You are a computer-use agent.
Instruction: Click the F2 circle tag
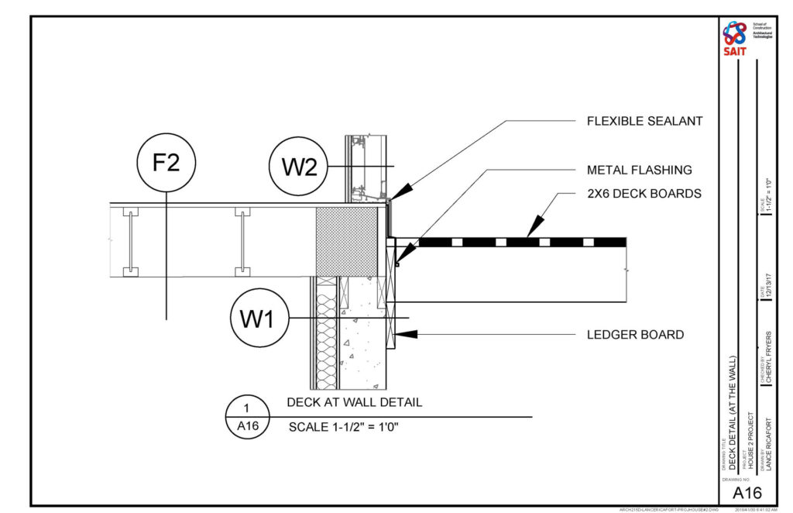click(166, 164)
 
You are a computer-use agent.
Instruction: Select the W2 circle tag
click(298, 167)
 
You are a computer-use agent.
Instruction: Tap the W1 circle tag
click(259, 318)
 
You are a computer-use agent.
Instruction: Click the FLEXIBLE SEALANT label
click(644, 121)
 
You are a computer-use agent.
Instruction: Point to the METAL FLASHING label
click(639, 170)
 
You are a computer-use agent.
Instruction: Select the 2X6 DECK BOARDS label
click(644, 194)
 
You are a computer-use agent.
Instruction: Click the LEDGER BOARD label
click(635, 335)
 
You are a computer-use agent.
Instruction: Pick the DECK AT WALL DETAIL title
click(354, 403)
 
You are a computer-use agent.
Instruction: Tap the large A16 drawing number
click(747, 493)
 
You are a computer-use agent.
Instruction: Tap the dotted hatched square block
click(346, 240)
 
